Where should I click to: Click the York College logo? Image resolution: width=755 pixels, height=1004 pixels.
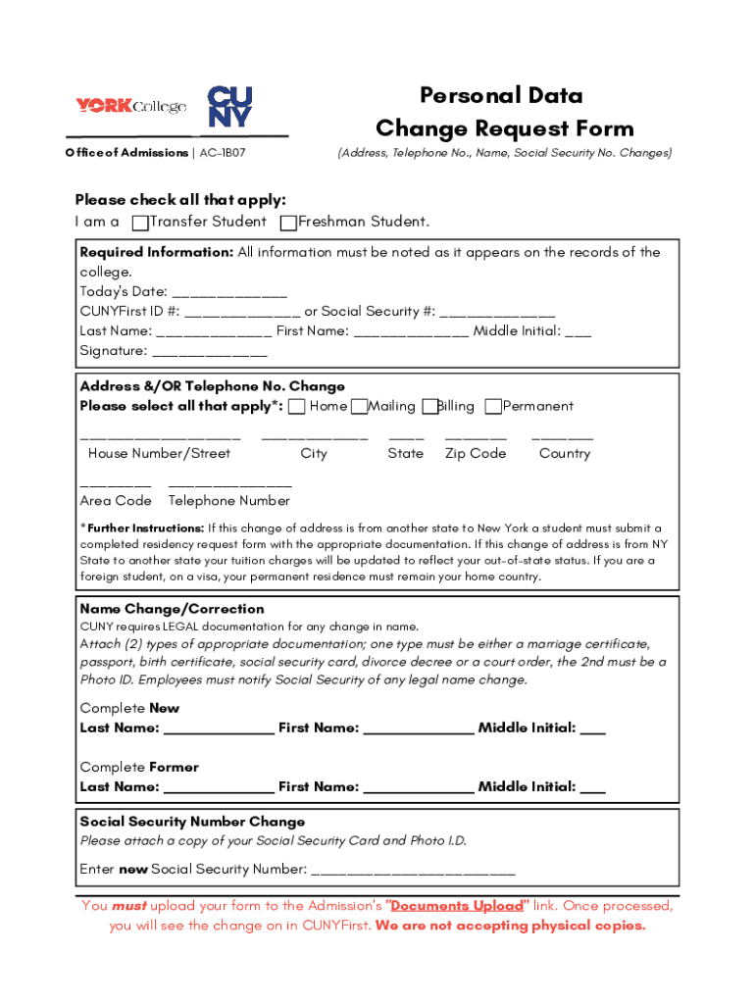click(x=130, y=105)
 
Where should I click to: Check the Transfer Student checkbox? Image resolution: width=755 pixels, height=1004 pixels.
click(x=141, y=224)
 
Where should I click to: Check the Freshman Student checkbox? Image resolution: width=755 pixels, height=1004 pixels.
click(x=288, y=224)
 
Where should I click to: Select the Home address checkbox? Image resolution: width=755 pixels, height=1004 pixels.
click(x=297, y=407)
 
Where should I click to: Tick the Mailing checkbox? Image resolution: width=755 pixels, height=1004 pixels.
click(x=360, y=407)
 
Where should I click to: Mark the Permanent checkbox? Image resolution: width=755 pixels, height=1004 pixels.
click(x=493, y=407)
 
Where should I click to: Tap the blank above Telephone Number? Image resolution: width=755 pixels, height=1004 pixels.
click(x=229, y=484)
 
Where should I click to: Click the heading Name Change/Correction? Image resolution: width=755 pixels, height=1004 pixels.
click(x=172, y=609)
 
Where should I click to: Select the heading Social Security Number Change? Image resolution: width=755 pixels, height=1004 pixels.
click(x=192, y=822)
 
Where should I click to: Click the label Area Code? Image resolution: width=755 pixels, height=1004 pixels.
click(x=116, y=501)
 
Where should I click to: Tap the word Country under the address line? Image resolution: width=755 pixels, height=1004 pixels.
click(x=565, y=454)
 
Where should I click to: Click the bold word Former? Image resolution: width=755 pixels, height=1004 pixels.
click(x=174, y=767)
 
